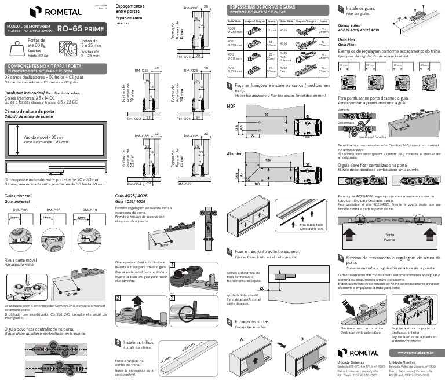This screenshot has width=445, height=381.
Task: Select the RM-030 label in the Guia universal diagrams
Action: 20,210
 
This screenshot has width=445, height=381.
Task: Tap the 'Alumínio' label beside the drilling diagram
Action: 235,154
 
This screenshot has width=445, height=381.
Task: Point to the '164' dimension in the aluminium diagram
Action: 268,160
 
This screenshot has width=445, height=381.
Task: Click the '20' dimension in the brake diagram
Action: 262,288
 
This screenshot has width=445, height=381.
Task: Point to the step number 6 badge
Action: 341,258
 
